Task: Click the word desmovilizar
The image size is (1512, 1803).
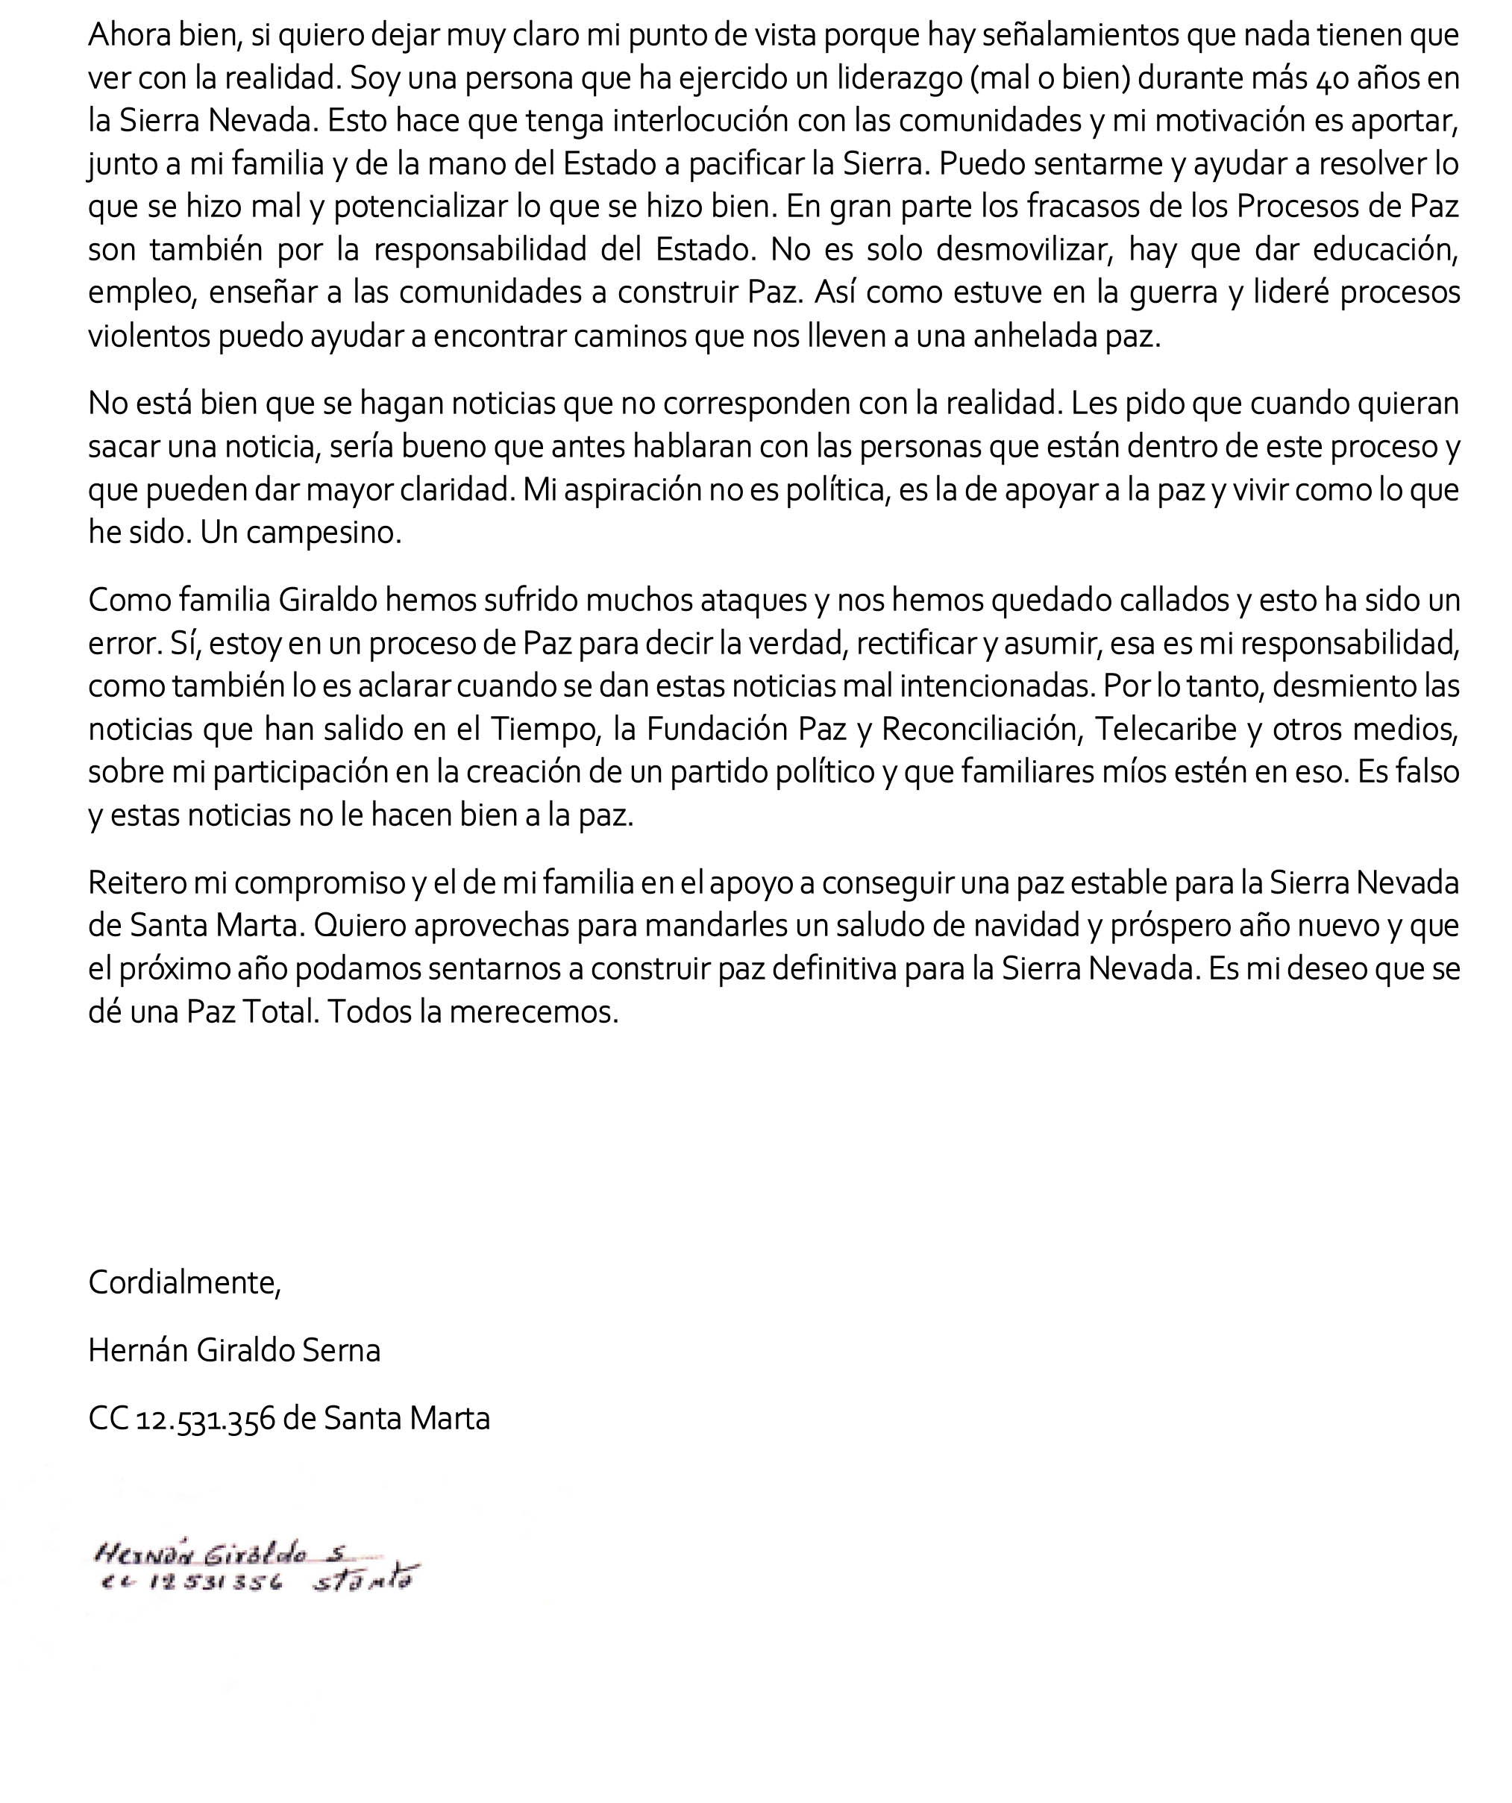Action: click(x=1022, y=250)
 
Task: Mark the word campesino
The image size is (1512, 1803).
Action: click(x=326, y=533)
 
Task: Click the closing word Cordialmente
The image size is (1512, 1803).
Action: click(x=183, y=1283)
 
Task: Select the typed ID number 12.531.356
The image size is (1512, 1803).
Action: click(x=206, y=1418)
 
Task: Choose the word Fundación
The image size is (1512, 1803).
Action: click(x=718, y=729)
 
